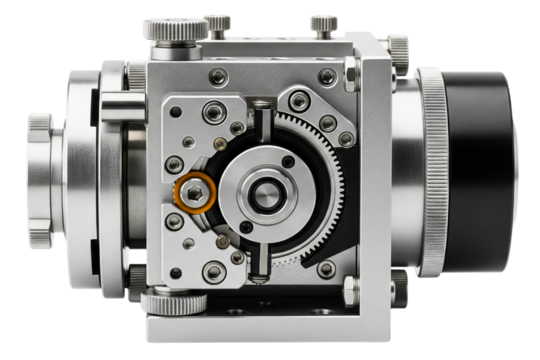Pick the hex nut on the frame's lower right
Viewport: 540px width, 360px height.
click(350, 289)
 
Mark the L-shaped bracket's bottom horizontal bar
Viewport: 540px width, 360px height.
click(260, 328)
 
